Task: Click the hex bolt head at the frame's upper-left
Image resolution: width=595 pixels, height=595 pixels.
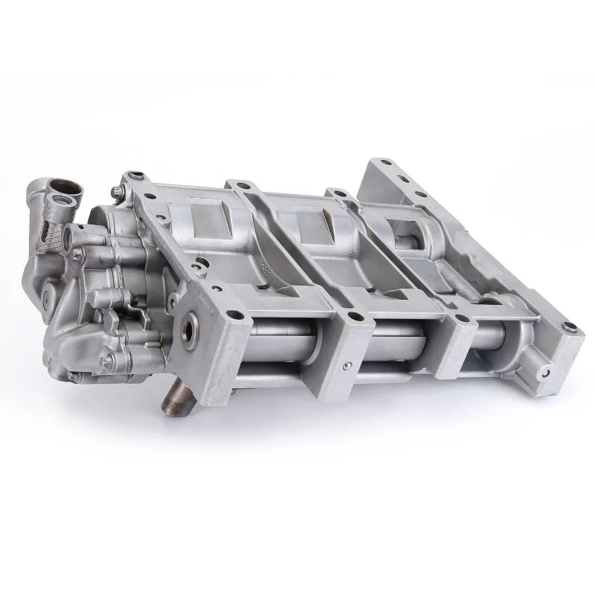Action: (x=118, y=192)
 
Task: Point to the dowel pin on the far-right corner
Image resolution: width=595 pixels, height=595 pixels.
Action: (x=570, y=327)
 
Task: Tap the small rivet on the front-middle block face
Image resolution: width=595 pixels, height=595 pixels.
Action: (x=345, y=366)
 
